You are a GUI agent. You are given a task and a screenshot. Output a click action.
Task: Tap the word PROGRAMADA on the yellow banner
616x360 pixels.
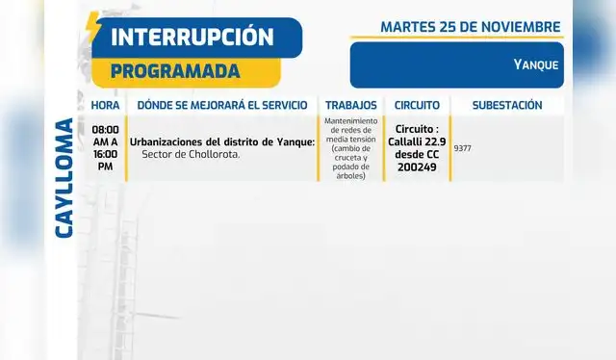pos(174,71)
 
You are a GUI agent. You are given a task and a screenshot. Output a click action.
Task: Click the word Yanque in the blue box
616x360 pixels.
pos(536,64)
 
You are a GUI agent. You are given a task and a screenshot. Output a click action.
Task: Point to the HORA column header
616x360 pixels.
pos(106,105)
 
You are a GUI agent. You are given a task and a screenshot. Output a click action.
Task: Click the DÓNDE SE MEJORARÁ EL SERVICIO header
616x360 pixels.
pos(222,105)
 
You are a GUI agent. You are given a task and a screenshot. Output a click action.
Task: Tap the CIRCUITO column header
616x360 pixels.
pos(417,105)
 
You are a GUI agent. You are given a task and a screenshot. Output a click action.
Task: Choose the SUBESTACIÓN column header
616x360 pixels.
pos(507,105)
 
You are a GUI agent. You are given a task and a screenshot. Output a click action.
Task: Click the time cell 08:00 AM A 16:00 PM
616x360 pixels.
pos(106,147)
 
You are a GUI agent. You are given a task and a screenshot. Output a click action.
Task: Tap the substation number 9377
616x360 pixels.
pos(462,148)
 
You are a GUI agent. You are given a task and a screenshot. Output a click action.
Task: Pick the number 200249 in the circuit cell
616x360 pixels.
pos(417,167)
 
